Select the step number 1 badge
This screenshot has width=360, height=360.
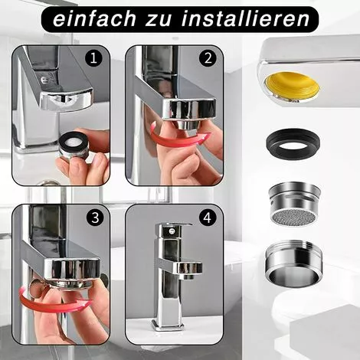pos(95,57)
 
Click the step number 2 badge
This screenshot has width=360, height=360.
pos(207,57)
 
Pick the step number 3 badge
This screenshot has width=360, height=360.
pos(95,217)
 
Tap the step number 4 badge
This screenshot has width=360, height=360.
pos(207,217)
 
